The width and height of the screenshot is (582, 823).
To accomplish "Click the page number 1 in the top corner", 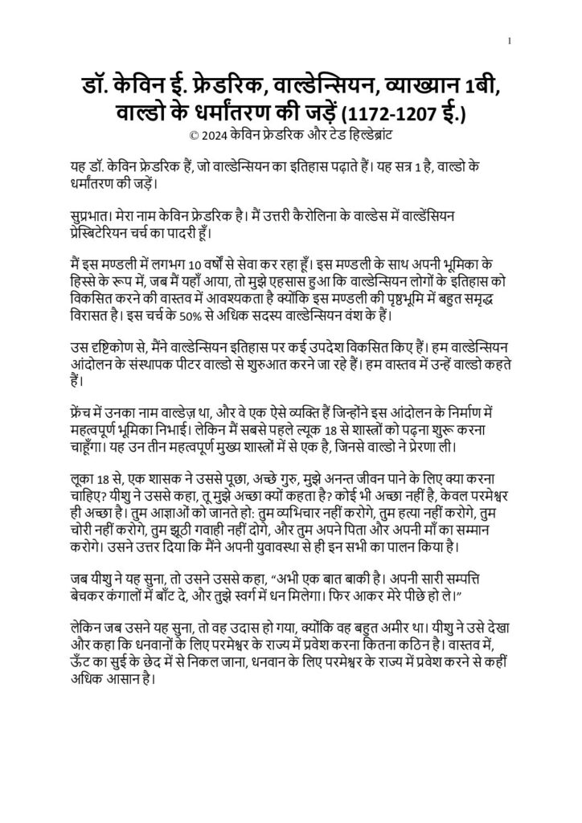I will click(x=510, y=41).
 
